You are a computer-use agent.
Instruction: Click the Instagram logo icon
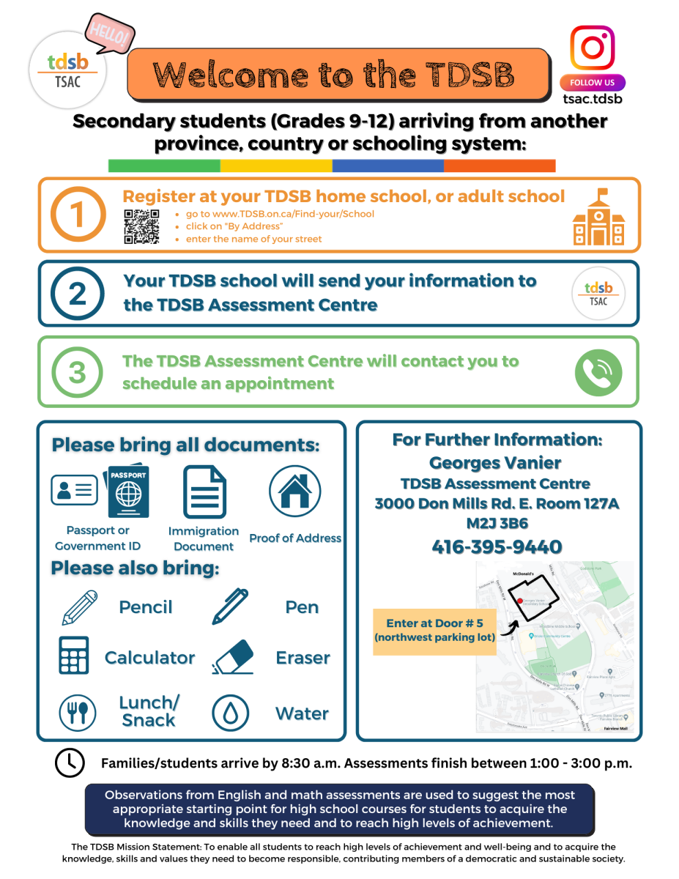click(x=593, y=48)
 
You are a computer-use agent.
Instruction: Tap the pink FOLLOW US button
click(x=593, y=83)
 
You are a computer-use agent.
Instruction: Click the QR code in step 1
click(x=141, y=226)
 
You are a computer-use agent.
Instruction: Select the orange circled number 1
click(x=78, y=215)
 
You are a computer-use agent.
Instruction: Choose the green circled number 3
click(x=78, y=372)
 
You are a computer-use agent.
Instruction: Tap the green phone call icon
click(x=598, y=372)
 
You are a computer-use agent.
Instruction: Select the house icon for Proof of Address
click(x=295, y=492)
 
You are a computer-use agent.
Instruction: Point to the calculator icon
click(x=74, y=655)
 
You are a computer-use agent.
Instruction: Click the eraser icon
click(x=233, y=656)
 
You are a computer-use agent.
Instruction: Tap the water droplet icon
click(x=231, y=713)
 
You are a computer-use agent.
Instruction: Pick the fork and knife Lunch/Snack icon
click(x=78, y=712)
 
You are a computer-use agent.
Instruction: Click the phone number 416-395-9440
click(x=497, y=547)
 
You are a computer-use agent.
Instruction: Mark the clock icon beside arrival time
click(x=70, y=763)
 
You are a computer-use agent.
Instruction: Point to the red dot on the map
click(x=520, y=601)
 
